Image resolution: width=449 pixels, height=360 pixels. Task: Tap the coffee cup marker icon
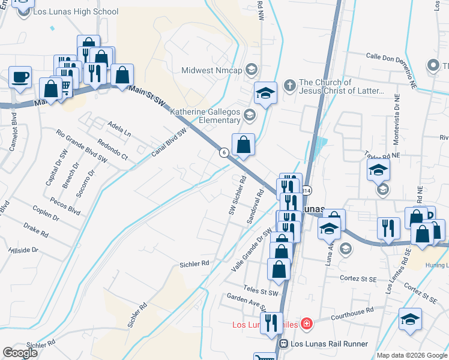pos(20,77)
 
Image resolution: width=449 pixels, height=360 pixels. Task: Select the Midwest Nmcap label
pos(212,70)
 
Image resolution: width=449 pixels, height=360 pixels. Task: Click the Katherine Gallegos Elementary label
pos(205,116)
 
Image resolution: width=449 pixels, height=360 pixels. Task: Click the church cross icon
pos(289,84)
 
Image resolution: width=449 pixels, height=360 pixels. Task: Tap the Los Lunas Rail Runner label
pos(328,344)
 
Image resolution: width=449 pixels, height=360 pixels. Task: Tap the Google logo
pos(20,352)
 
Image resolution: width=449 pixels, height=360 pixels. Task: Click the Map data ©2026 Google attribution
pos(411,355)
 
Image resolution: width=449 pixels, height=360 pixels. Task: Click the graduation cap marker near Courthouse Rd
pos(411,320)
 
